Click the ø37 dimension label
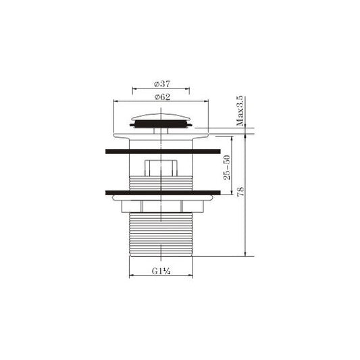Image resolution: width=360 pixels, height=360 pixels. (x=162, y=84)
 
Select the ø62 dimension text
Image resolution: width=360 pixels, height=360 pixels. (x=162, y=97)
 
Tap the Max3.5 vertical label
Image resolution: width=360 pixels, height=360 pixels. (x=240, y=111)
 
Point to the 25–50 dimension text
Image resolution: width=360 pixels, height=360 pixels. (x=227, y=168)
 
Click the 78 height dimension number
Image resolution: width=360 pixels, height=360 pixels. (x=240, y=191)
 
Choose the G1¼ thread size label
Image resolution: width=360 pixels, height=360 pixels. (x=161, y=271)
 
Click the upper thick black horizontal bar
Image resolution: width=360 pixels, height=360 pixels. (x=163, y=151)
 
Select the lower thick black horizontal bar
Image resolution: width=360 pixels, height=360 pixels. (x=163, y=192)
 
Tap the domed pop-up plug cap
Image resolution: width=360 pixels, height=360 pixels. (x=161, y=117)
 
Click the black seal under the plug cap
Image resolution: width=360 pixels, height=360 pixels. (x=161, y=124)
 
